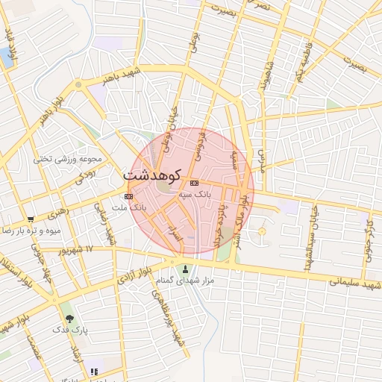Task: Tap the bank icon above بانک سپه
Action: [194, 183]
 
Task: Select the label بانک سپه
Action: [196, 193]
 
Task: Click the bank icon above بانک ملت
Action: [129, 196]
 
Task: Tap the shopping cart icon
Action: [30, 220]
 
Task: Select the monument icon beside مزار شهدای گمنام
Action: [186, 269]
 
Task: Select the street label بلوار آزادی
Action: [137, 275]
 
